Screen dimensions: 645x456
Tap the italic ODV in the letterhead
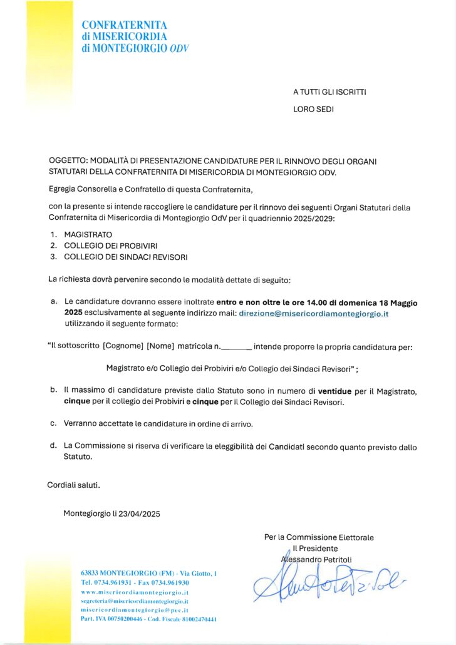(179, 48)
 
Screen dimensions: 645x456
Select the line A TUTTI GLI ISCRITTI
(329, 92)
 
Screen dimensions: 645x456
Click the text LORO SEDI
(313, 109)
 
